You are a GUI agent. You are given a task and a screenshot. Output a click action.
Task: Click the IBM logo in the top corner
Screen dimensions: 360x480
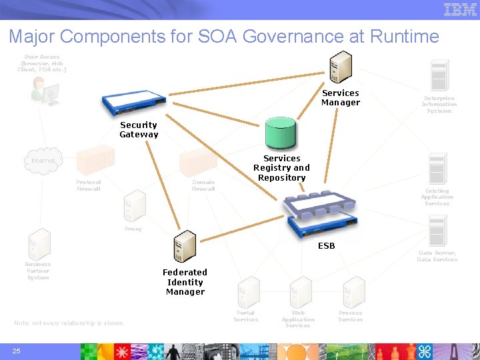(x=460, y=9)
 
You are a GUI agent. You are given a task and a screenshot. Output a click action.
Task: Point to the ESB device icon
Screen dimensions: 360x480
(x=320, y=215)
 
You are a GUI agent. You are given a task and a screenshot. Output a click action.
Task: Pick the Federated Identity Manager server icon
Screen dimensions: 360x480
(x=184, y=247)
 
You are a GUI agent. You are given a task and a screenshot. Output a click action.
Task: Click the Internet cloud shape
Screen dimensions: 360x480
(x=44, y=161)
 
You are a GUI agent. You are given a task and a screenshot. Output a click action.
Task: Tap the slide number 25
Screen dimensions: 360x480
(x=17, y=351)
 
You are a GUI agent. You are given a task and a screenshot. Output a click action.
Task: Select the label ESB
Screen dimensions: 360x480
(x=327, y=246)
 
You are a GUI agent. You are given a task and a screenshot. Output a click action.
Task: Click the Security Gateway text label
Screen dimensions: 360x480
(x=139, y=130)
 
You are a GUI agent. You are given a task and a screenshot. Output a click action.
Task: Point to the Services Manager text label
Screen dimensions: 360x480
(x=341, y=98)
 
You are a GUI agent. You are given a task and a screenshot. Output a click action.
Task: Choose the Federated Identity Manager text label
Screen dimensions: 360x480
(x=185, y=282)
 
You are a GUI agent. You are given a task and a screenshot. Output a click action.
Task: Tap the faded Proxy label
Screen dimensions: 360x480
(x=133, y=229)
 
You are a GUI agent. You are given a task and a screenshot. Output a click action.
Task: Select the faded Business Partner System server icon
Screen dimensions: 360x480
(x=39, y=244)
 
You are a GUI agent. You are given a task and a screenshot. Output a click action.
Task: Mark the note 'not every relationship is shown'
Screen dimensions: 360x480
(x=69, y=323)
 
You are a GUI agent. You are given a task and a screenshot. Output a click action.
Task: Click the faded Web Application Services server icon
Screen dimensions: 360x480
(x=299, y=292)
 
